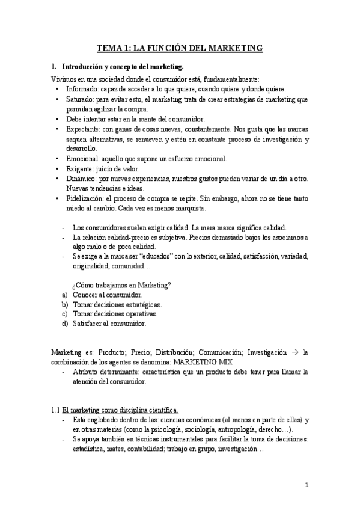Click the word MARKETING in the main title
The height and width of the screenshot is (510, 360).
tap(231, 48)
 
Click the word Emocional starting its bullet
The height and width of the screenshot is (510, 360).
tap(84, 159)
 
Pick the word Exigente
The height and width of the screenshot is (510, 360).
tap(81, 169)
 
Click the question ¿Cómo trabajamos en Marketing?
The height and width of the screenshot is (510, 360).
tap(121, 285)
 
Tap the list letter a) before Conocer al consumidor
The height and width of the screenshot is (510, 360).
tap(64, 295)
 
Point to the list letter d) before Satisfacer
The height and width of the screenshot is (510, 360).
tap(64, 324)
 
